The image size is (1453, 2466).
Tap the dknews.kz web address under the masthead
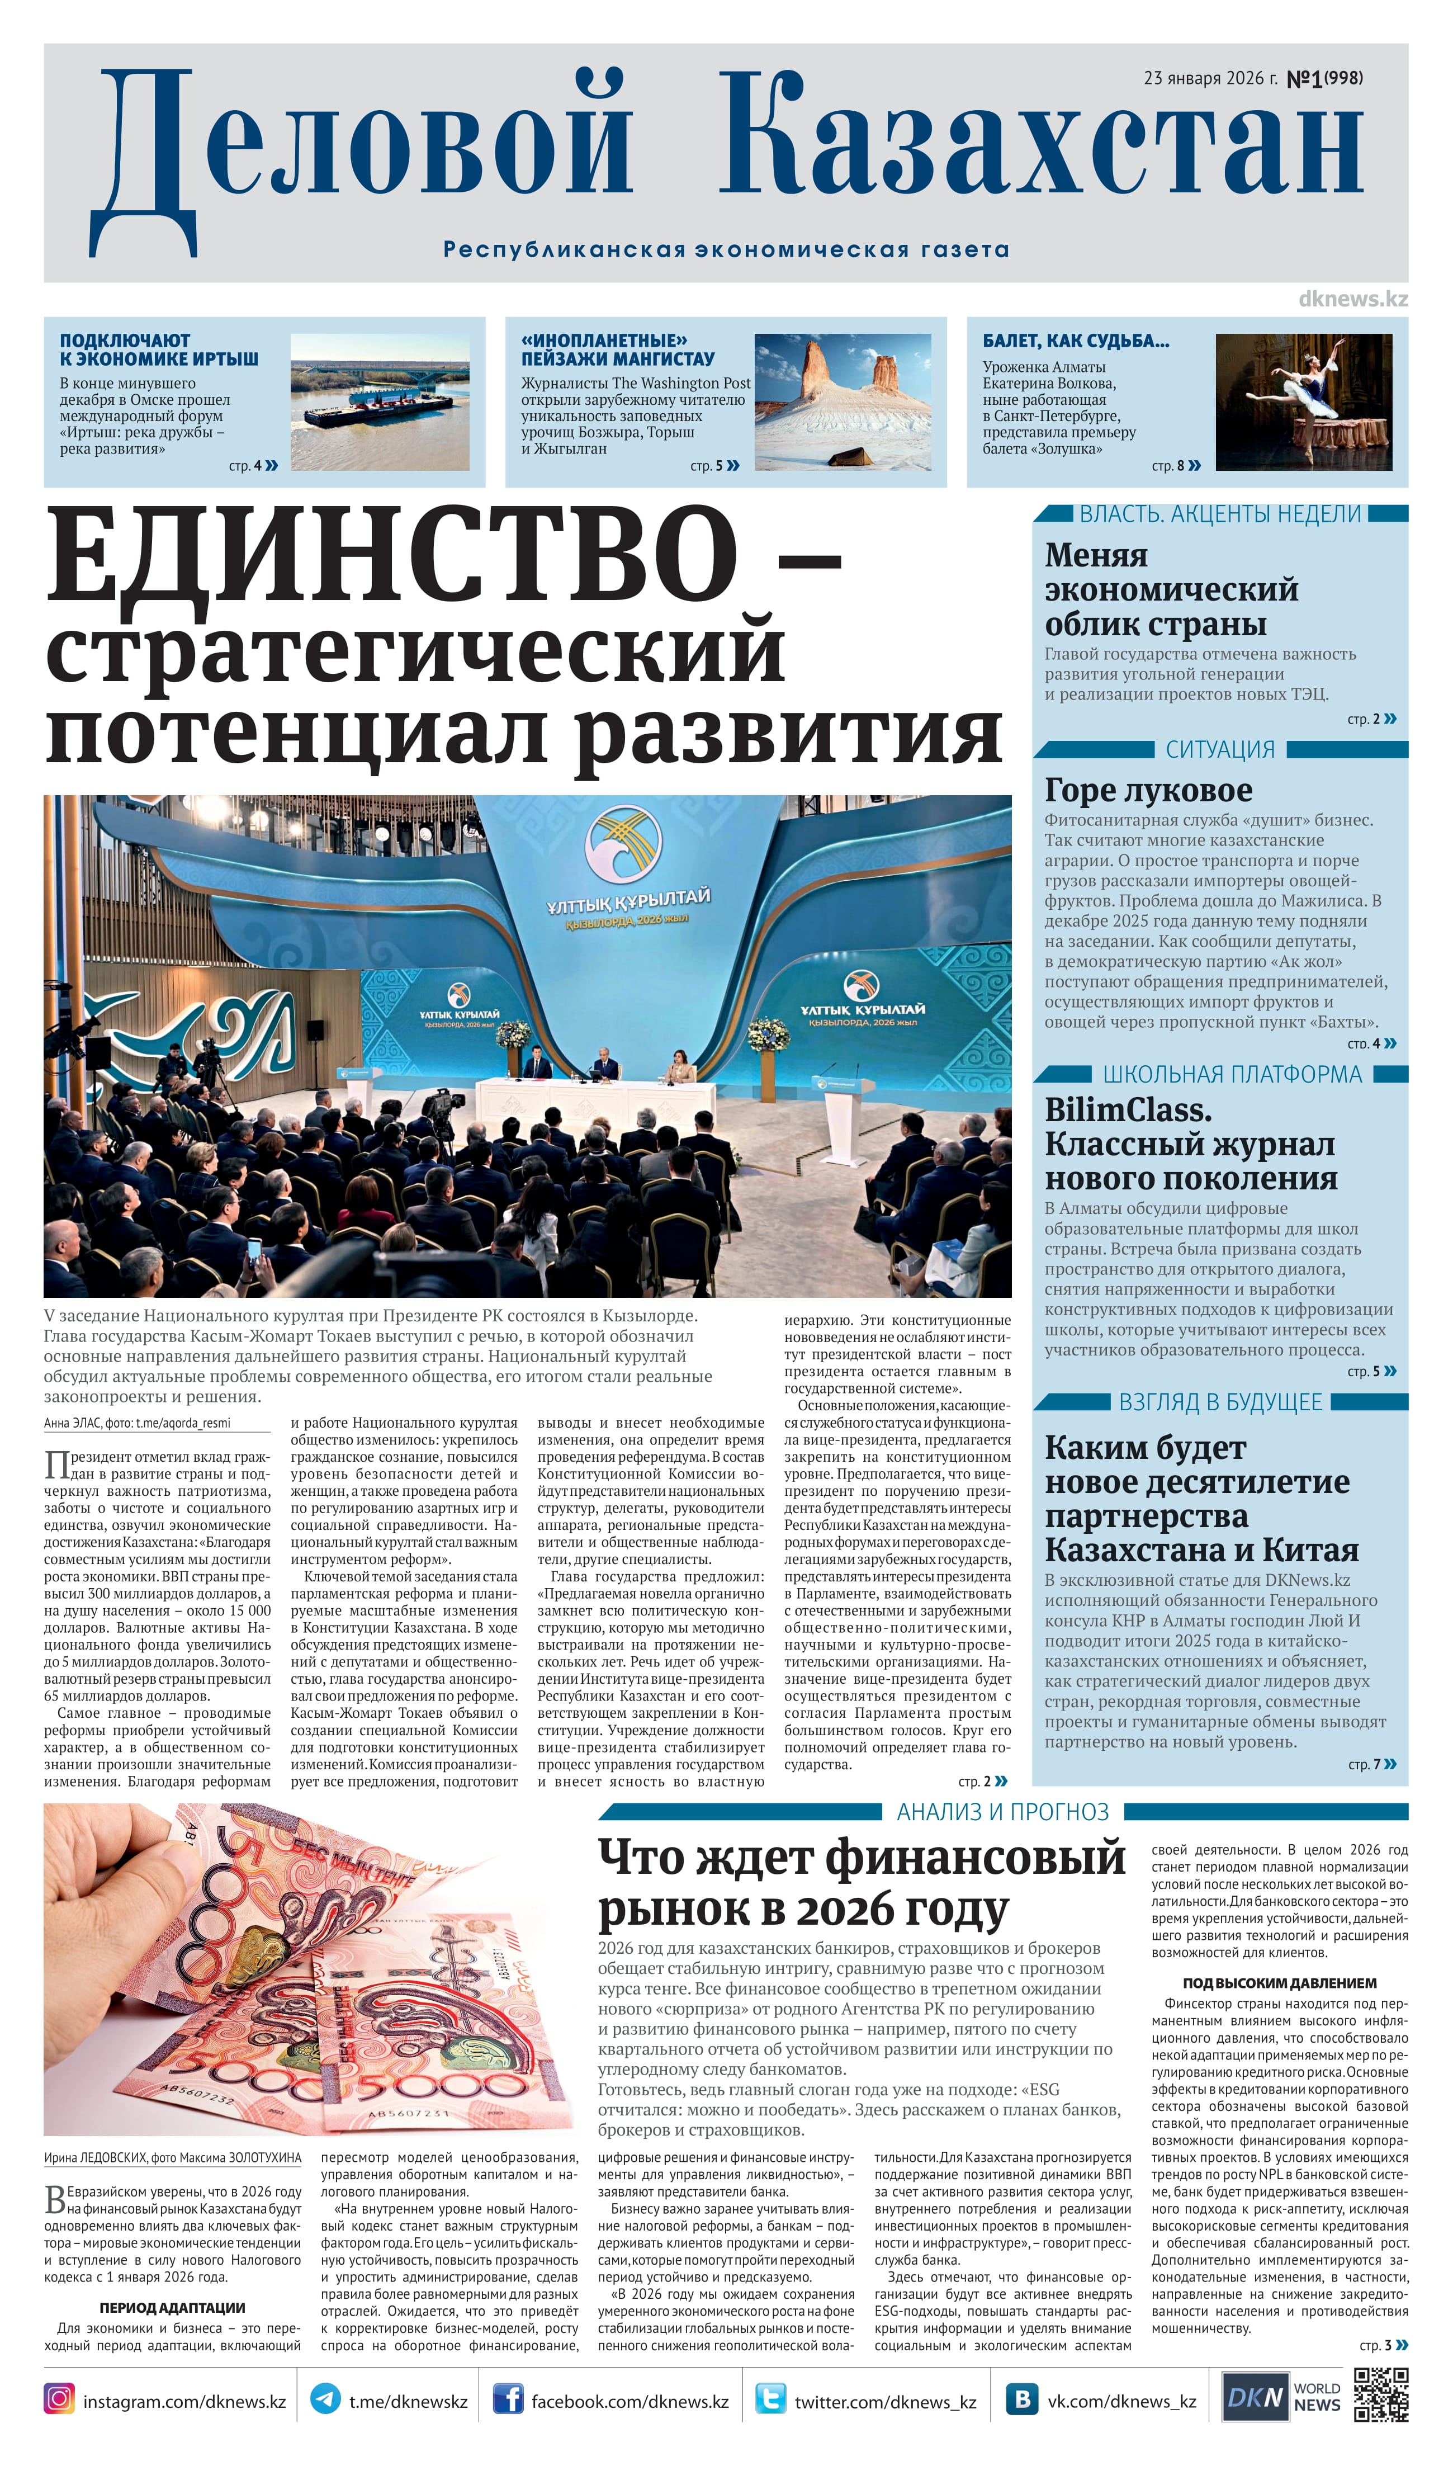click(x=1352, y=299)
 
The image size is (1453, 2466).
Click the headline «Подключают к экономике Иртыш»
click(x=159, y=349)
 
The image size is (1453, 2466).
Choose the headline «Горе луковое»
click(x=1148, y=790)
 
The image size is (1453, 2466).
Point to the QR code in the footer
click(x=1380, y=2396)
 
